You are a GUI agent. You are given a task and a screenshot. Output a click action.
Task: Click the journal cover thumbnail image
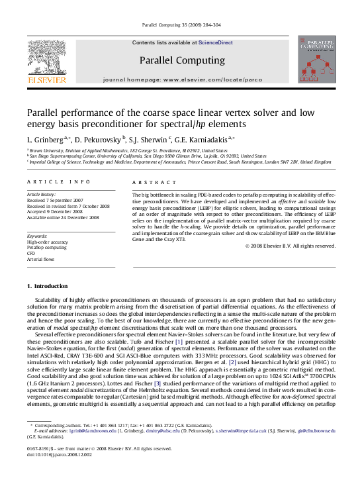tap(317, 60)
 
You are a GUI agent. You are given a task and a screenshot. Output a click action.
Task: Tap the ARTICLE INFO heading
tap(50, 181)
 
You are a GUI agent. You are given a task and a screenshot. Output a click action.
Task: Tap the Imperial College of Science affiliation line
tap(179, 161)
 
